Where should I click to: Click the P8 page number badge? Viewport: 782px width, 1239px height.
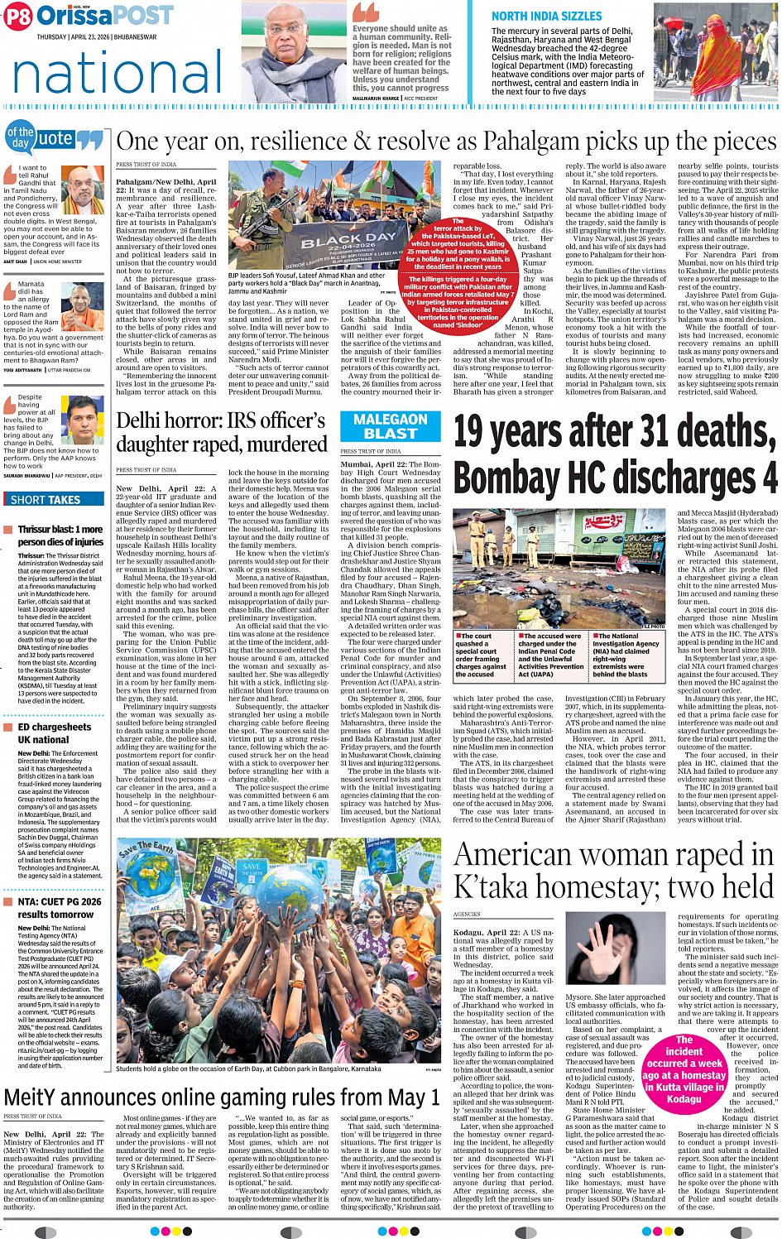tap(18, 17)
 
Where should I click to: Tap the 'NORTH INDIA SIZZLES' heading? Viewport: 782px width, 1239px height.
tap(546, 17)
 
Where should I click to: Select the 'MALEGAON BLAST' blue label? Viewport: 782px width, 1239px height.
tap(391, 426)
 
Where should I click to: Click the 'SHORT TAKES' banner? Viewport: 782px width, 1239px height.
tap(46, 500)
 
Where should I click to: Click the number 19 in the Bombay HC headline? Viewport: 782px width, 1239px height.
tap(479, 432)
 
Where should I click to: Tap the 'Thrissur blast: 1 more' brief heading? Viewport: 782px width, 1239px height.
tap(60, 530)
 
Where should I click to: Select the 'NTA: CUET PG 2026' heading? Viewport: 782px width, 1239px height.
tap(60, 901)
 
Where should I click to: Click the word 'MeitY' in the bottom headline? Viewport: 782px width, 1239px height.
tap(33, 1097)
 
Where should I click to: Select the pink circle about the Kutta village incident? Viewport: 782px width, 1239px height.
tap(684, 1069)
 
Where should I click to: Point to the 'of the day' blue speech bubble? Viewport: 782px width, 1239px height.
tap(20, 137)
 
